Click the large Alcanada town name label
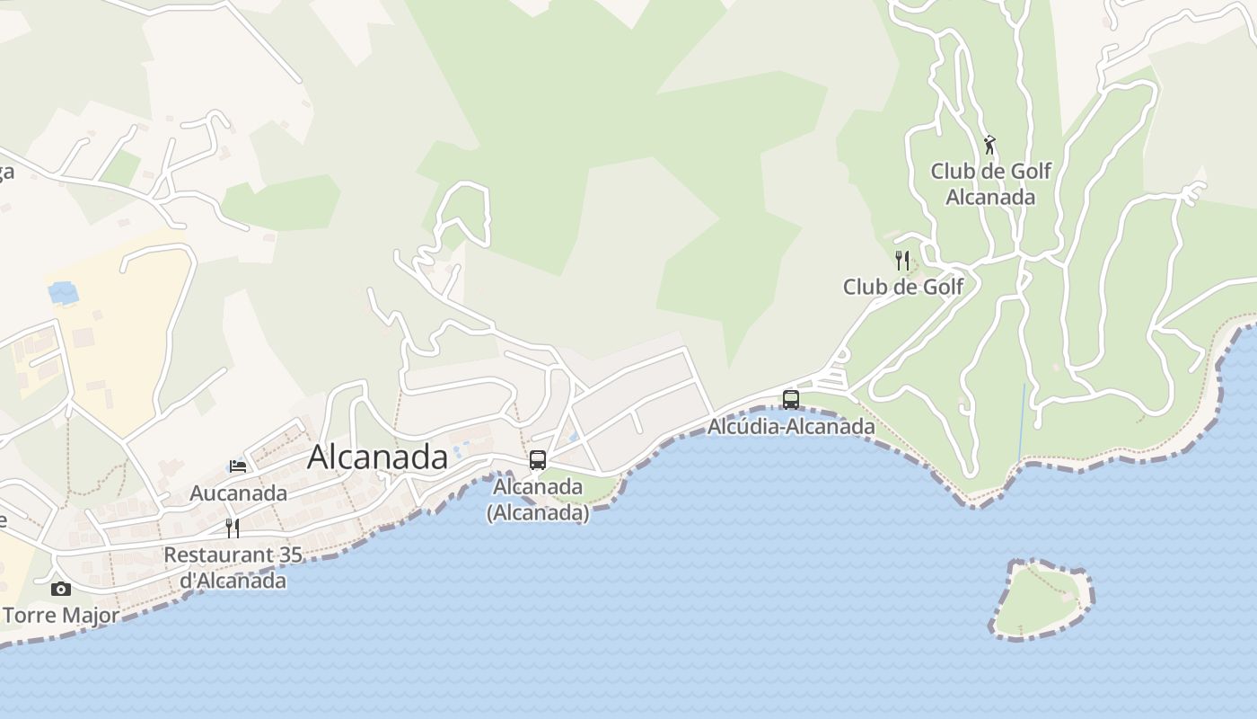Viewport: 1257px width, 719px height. tap(377, 457)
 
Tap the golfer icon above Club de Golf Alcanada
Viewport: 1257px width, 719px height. tap(989, 144)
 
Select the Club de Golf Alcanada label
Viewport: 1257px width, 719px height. tap(990, 183)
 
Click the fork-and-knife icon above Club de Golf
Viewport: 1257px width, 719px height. tap(902, 261)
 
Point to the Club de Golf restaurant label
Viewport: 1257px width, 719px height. tap(902, 287)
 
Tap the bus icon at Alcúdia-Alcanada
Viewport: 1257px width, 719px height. tap(791, 399)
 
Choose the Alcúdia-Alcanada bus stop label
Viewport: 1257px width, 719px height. tap(791, 426)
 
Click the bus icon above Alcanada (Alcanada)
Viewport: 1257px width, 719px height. tap(538, 460)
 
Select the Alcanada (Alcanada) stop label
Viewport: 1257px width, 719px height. tap(538, 500)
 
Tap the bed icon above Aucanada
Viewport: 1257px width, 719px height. tap(238, 466)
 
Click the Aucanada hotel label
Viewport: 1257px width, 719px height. tap(238, 493)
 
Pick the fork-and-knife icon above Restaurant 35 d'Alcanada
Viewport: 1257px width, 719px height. tap(233, 528)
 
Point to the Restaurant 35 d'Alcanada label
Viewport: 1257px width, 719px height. tap(233, 567)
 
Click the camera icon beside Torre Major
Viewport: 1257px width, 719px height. tap(61, 589)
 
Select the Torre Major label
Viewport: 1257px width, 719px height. tap(61, 616)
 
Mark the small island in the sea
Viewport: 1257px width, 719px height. tap(1042, 600)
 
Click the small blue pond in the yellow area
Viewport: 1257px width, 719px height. tap(63, 292)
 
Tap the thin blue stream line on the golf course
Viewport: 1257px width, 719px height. tap(1023, 422)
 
